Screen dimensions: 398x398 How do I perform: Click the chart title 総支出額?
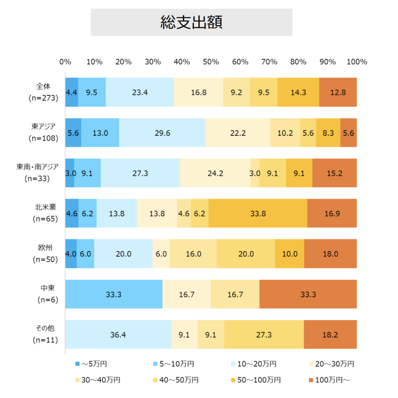(x=191, y=22)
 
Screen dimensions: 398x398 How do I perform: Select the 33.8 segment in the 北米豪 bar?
(x=258, y=213)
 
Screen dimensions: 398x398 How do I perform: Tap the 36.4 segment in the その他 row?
(x=118, y=335)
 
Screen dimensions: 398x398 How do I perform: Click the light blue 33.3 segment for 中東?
(x=113, y=294)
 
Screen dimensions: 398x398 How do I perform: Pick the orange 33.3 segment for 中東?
(x=308, y=294)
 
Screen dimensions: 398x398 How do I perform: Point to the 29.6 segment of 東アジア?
(x=162, y=133)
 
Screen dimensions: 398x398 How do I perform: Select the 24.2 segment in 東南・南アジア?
(x=215, y=173)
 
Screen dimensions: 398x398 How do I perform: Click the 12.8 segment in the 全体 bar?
(x=338, y=92)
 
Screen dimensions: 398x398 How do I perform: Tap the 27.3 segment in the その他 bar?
(x=264, y=335)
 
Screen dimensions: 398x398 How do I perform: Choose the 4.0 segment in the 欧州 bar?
(x=71, y=254)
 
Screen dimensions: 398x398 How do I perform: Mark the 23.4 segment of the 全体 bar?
(x=140, y=92)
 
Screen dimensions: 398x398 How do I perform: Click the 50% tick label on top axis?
(x=211, y=62)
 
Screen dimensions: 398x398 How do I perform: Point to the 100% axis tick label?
(x=357, y=62)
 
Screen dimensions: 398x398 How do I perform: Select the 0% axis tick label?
(x=65, y=62)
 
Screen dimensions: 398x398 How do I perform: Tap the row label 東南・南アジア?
(x=37, y=167)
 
